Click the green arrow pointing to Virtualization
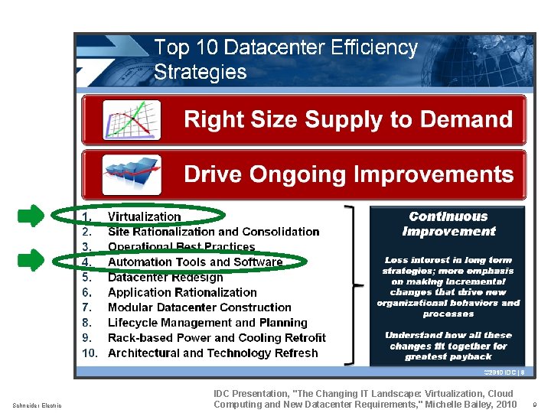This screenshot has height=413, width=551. coord(31,216)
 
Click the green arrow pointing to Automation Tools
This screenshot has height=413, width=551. coord(31,261)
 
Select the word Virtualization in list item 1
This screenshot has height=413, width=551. coord(145,216)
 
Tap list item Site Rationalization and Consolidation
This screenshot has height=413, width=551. coord(214,232)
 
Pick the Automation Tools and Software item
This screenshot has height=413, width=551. coord(195,262)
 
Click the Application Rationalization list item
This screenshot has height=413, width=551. coord(182,292)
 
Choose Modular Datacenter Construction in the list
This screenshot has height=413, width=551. coord(199,307)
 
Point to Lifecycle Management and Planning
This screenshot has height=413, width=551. coord(207,323)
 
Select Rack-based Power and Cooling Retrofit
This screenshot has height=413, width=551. coord(217,338)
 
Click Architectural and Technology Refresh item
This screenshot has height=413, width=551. coord(213,353)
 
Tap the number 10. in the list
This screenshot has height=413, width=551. coord(90,353)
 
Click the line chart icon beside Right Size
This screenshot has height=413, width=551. coord(132,120)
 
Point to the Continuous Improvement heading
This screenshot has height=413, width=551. coord(448,224)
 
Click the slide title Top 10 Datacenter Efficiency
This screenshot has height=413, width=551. coord(285,48)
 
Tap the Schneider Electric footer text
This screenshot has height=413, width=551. coord(37,405)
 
